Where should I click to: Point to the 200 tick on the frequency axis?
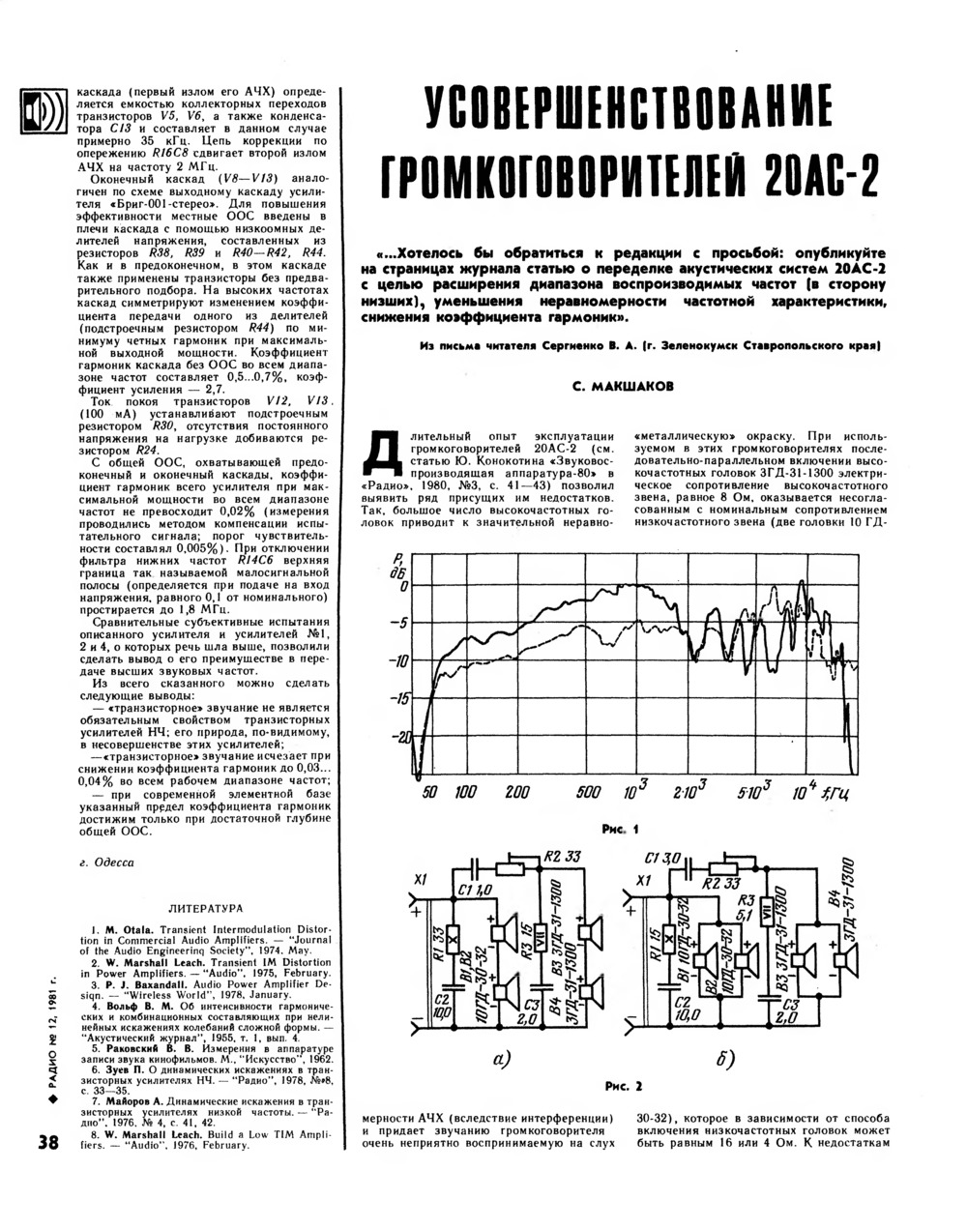tap(517, 793)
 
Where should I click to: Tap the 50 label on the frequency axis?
tap(431, 793)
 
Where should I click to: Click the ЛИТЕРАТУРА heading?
tap(205, 908)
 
